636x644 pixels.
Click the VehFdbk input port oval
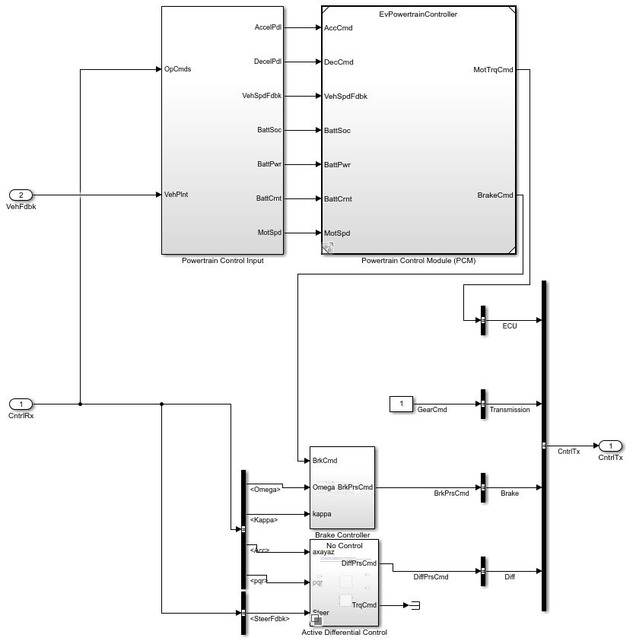(21, 195)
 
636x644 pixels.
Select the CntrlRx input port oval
(21, 404)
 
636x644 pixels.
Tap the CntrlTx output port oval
(610, 446)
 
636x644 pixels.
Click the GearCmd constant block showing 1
(401, 404)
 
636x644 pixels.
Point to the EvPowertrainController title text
(418, 14)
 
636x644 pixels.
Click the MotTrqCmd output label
(493, 70)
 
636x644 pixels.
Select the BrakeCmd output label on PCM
(495, 195)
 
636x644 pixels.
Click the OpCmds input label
(177, 69)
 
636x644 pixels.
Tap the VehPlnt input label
(176, 195)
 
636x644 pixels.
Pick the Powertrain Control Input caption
(222, 261)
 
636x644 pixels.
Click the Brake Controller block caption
(342, 535)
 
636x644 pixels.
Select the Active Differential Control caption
(344, 633)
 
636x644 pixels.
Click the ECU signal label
(510, 326)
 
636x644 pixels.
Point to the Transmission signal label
(510, 410)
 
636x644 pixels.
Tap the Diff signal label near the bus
(510, 577)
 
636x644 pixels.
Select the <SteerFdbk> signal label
(269, 619)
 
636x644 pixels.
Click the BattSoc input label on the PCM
(337, 131)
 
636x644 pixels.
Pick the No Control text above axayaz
(344, 546)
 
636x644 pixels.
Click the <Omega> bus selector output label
(265, 490)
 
